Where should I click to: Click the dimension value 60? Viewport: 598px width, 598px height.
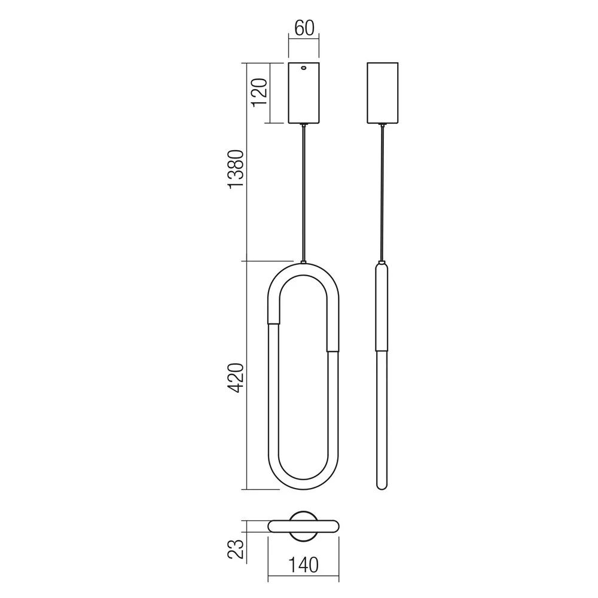pos(304,28)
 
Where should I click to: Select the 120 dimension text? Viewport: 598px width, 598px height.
pos(259,93)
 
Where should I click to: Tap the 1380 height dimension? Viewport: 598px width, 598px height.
pos(236,169)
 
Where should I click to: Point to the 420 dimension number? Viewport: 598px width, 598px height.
pos(236,379)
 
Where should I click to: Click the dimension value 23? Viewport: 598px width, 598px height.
pos(236,549)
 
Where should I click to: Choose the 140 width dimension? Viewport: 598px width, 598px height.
pos(303,565)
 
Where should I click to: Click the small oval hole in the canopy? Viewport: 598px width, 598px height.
pos(304,68)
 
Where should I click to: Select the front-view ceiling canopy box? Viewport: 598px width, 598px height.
pos(304,93)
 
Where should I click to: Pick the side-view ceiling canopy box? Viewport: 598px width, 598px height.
pos(383,93)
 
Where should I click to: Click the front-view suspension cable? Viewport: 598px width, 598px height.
pos(304,193)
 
